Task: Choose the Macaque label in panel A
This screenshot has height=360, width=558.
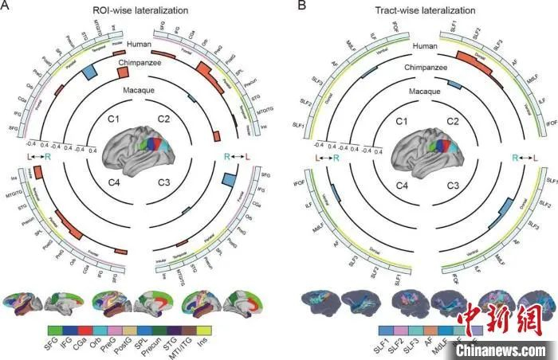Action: point(138,91)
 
